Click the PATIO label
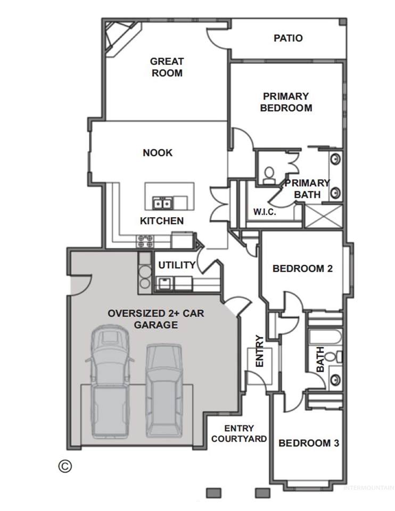[288, 38]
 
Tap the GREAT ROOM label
[167, 67]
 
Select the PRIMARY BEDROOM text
[286, 102]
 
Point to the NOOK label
[158, 153]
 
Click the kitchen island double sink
[162, 203]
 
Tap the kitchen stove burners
[145, 241]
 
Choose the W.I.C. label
[265, 212]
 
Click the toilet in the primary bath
[269, 175]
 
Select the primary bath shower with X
[323, 216]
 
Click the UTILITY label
[177, 265]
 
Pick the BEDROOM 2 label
[302, 268]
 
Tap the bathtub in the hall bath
[325, 337]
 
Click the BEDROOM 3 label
[309, 443]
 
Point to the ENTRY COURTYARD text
[239, 433]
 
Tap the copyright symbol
[65, 466]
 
